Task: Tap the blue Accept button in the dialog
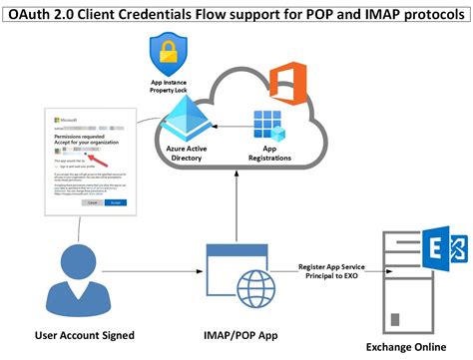point(116,201)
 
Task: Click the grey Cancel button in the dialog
point(92,201)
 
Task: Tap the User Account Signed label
point(83,334)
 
